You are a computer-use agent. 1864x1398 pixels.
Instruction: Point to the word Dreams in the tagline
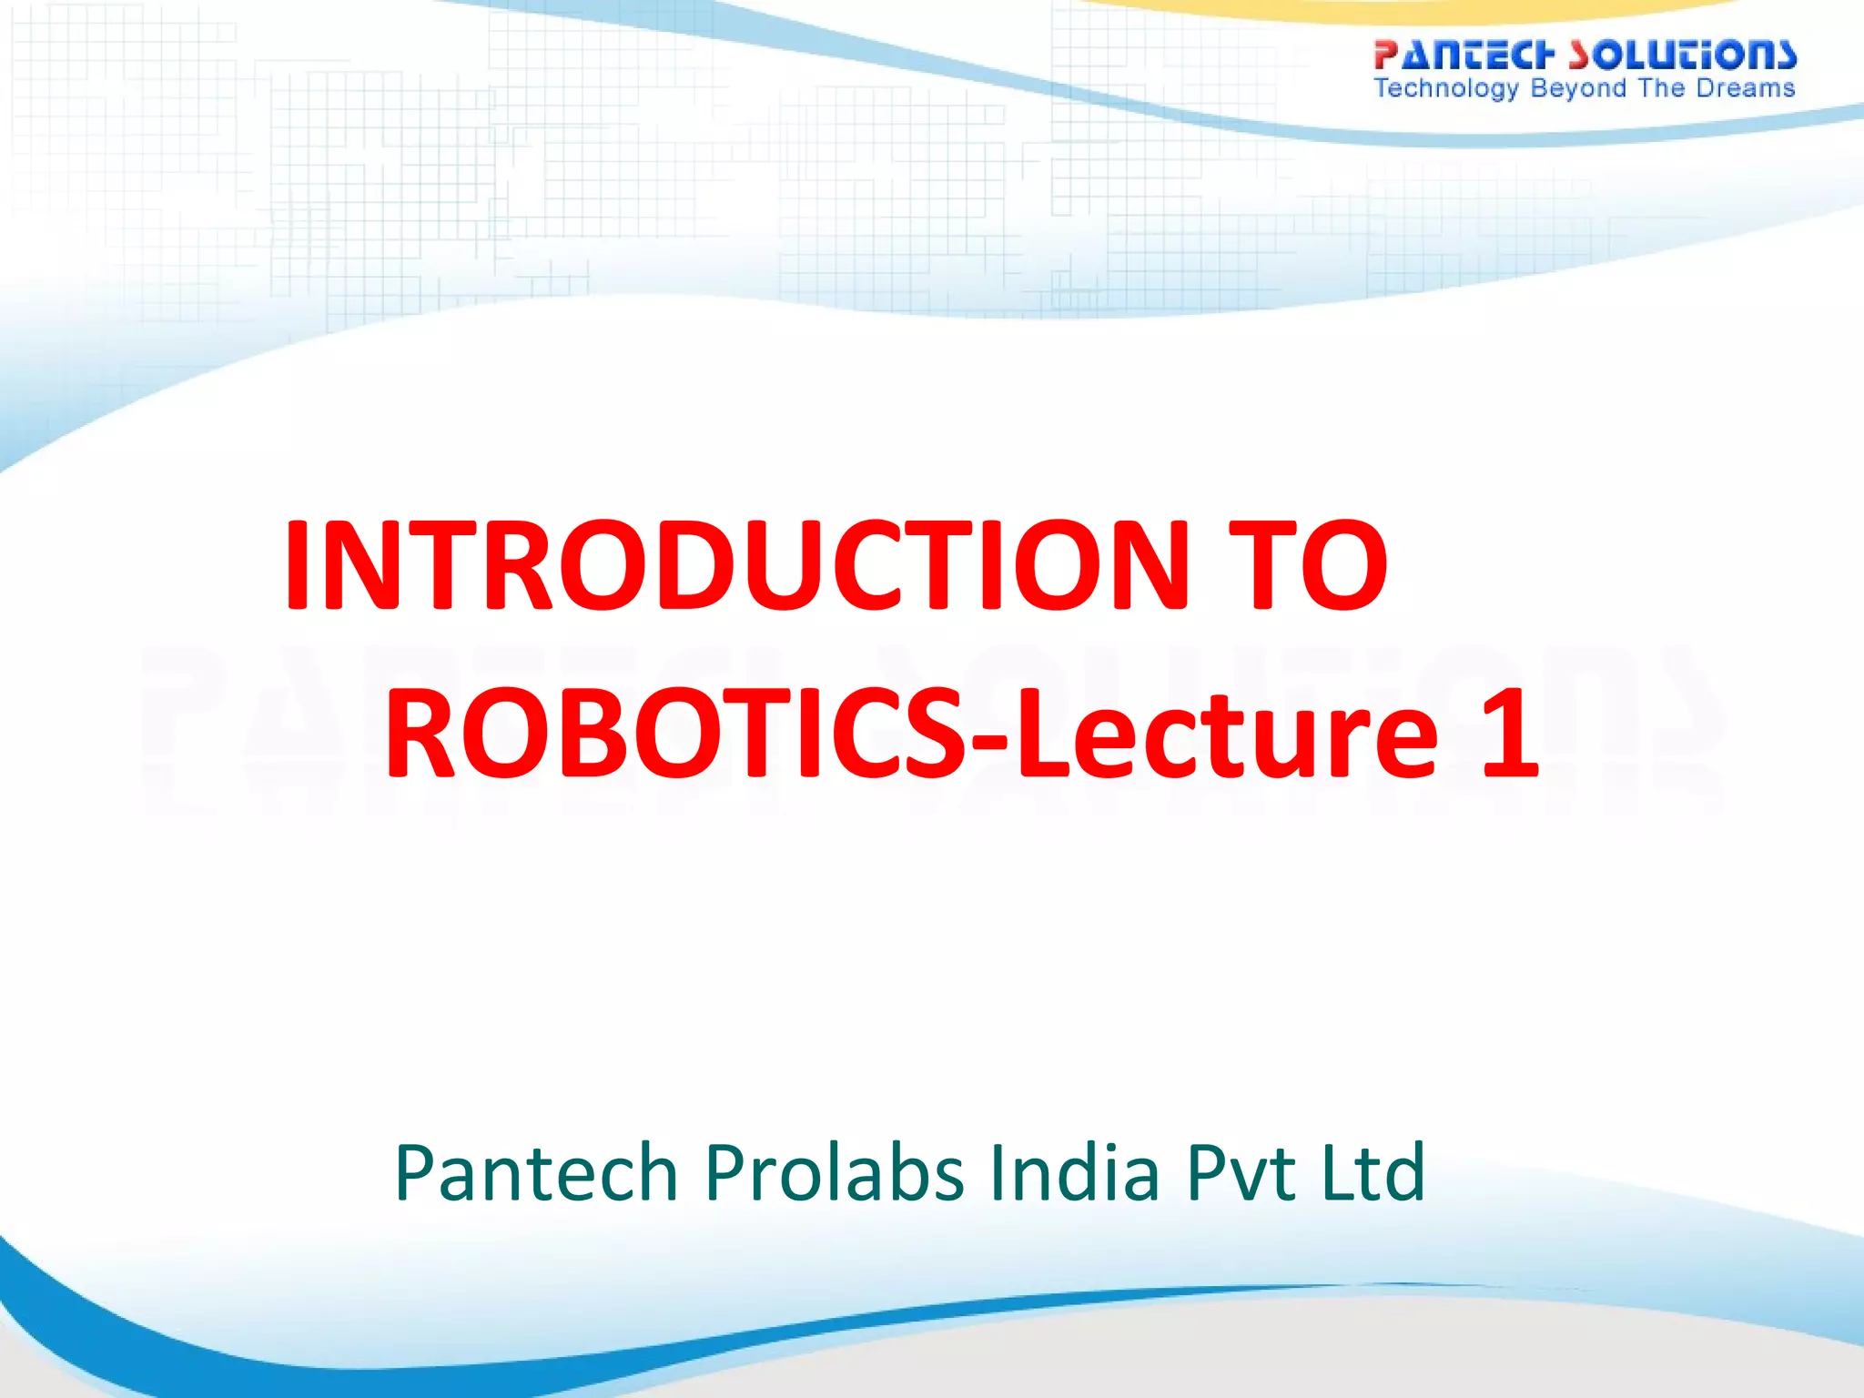(x=1745, y=88)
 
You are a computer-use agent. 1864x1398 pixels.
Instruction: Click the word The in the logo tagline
(x=1661, y=88)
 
